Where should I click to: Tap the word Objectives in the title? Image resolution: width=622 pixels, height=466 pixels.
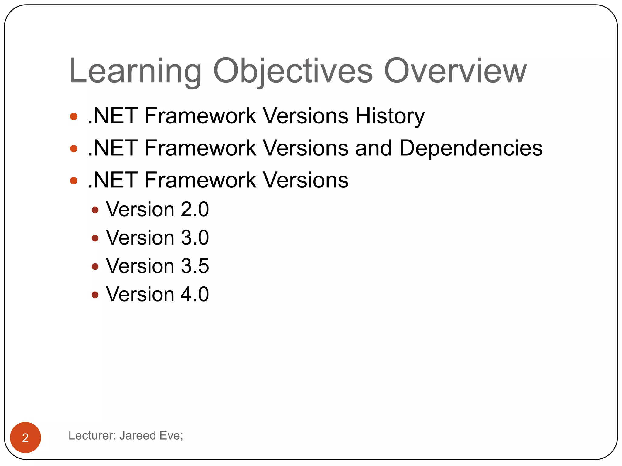293,72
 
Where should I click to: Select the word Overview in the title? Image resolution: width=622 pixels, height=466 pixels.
455,72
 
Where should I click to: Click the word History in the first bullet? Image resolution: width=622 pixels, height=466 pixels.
390,116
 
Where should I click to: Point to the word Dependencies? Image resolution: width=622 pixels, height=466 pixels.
470,148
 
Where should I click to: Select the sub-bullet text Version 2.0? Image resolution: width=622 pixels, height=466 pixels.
157,210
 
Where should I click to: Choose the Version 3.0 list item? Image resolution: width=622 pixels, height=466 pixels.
157,238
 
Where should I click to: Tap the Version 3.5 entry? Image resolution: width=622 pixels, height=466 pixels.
157,266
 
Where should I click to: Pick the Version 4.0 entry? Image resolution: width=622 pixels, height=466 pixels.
157,294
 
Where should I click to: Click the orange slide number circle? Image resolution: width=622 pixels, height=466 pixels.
26,437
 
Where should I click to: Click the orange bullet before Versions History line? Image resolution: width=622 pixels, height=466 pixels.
73,116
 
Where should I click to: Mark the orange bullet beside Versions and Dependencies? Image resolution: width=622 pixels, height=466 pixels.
73,149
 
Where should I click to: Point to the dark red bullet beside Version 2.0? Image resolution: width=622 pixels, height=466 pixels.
95,210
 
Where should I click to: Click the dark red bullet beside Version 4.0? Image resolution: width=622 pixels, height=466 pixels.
95,295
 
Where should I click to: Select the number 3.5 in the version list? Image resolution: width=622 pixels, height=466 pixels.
195,266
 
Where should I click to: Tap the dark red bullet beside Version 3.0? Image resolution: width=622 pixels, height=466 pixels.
95,238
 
